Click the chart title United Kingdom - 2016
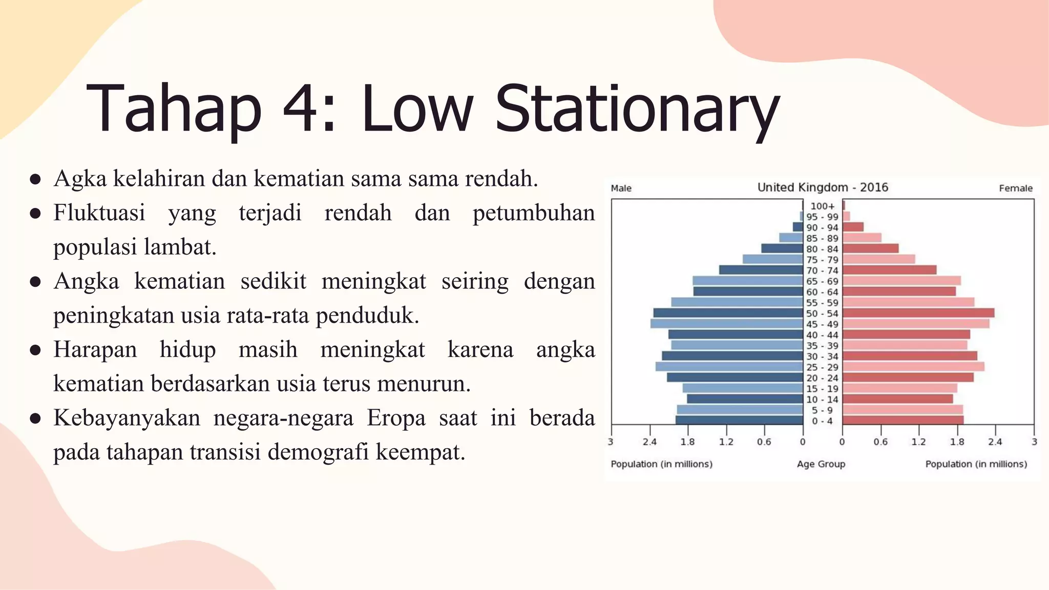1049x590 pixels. (823, 187)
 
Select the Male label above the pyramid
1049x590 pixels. (621, 188)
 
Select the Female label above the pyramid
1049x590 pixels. (1015, 188)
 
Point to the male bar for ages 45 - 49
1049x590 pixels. (726, 324)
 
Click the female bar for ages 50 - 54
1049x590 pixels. (918, 313)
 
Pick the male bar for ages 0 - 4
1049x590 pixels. (739, 420)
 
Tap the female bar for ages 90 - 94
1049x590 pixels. (853, 227)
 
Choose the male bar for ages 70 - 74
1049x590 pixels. (761, 270)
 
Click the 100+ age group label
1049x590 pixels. (822, 206)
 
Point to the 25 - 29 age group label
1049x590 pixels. (822, 367)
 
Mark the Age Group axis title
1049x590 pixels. (821, 464)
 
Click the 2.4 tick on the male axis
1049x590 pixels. (649, 442)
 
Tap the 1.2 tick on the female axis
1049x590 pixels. (918, 442)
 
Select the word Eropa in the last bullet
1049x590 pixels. (396, 418)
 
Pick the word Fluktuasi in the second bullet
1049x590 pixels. (99, 213)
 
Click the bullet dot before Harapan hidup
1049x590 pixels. (35, 350)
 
